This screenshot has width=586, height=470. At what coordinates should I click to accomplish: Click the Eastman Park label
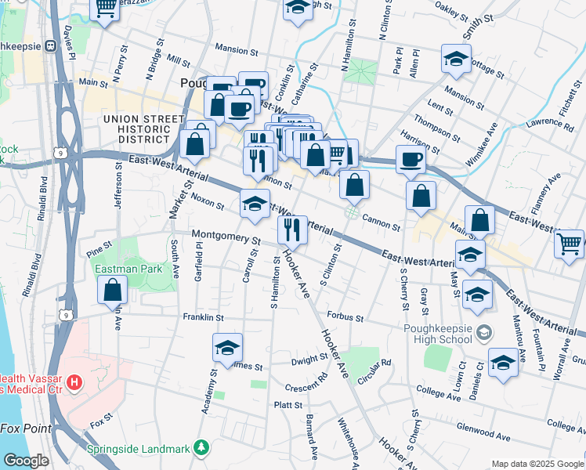pyautogui.click(x=117, y=269)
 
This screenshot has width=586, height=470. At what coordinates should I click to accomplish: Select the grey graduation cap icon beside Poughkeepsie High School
pyautogui.click(x=484, y=333)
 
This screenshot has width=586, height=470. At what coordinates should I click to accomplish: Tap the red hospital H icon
pyautogui.click(x=74, y=383)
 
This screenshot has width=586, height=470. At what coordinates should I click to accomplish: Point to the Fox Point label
pyautogui.click(x=26, y=428)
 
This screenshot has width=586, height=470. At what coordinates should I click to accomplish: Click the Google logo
pyautogui.click(x=26, y=461)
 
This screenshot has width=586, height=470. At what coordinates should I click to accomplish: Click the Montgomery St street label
pyautogui.click(x=226, y=236)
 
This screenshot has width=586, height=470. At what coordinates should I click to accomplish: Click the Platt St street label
pyautogui.click(x=288, y=405)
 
